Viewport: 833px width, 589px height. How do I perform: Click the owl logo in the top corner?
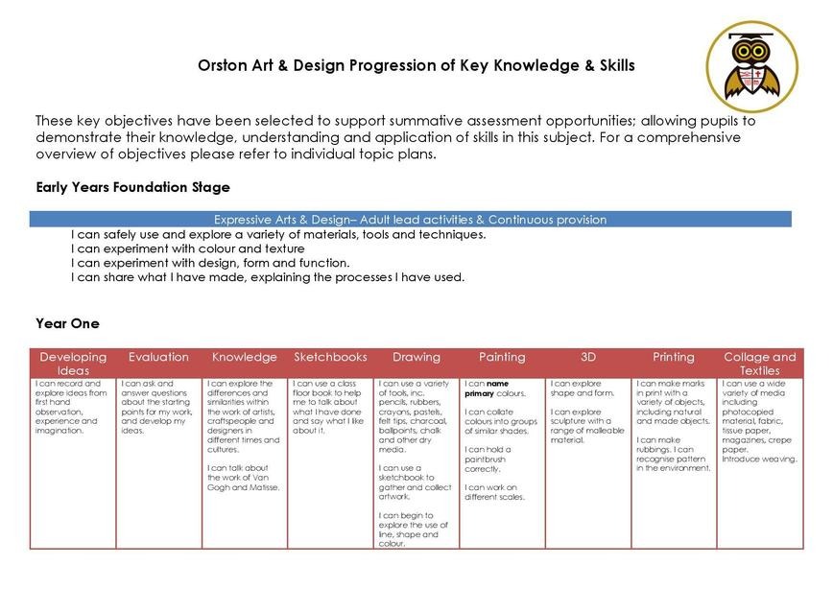(x=751, y=64)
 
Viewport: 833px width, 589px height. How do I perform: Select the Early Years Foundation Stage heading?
(x=132, y=186)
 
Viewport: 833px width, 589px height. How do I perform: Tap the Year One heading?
(x=67, y=324)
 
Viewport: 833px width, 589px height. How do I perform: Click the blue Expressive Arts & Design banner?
(x=410, y=220)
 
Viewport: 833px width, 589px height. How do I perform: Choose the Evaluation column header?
(x=158, y=357)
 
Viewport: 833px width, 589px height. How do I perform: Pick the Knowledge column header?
(x=244, y=357)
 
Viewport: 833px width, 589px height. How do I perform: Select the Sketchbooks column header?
(x=330, y=357)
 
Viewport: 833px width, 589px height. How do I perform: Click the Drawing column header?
(x=416, y=357)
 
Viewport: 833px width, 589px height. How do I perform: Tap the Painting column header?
(x=502, y=357)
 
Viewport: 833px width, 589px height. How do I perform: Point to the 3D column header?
(x=588, y=357)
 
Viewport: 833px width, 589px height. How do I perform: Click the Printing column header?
(x=674, y=357)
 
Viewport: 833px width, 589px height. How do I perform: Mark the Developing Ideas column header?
(x=73, y=364)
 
